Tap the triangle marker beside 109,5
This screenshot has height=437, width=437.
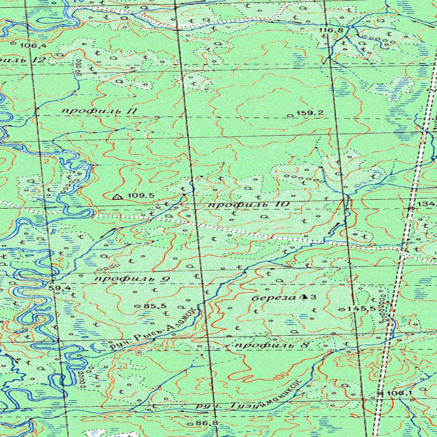pos(117,197)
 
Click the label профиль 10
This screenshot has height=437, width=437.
pos(249,205)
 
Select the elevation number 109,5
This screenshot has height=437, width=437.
pos(141,195)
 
